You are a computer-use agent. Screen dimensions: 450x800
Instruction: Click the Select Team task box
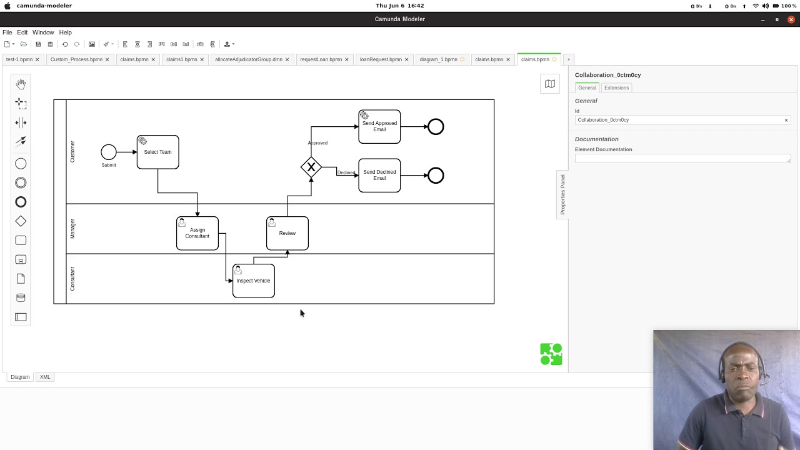point(157,152)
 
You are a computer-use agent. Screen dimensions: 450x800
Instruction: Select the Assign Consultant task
point(197,234)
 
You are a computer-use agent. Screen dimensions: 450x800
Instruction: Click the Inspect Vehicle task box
point(253,281)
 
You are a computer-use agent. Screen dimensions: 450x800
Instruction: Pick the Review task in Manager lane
point(287,234)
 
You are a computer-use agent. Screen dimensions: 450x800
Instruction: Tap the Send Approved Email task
point(379,127)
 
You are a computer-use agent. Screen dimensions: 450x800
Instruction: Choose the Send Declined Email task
point(379,176)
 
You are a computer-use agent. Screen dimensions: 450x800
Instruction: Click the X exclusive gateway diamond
point(311,167)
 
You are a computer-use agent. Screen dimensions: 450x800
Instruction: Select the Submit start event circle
point(109,152)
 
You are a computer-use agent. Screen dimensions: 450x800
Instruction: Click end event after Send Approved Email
point(436,127)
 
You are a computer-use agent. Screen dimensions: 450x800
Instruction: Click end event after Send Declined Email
point(436,176)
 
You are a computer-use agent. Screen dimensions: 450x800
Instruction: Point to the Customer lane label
point(72,152)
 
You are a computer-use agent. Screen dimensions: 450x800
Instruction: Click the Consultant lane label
point(72,279)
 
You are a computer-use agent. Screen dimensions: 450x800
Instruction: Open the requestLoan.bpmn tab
point(321,59)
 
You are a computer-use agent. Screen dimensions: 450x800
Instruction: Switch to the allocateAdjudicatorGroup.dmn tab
point(248,59)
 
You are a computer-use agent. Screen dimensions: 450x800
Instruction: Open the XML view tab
point(45,377)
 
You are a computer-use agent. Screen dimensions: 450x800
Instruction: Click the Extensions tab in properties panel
point(616,88)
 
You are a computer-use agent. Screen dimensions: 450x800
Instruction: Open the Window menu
point(43,32)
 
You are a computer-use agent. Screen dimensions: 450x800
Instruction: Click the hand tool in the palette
point(21,84)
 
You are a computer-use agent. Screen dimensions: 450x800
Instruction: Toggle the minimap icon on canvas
point(550,84)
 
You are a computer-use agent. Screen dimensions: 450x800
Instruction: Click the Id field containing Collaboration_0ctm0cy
point(678,120)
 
